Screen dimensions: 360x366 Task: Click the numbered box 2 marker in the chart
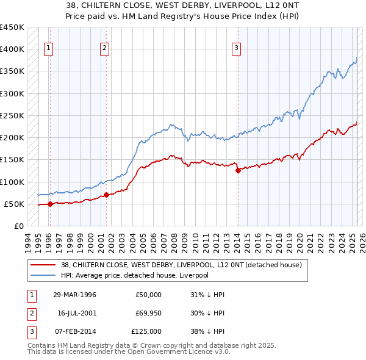tap(105, 49)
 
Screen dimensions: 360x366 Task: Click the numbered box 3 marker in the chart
tap(236, 49)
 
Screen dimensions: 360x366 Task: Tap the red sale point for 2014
tap(238, 171)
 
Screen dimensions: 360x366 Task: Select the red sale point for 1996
tap(50, 204)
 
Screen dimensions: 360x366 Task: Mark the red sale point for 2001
tap(106, 195)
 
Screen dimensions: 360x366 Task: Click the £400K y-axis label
tap(12, 49)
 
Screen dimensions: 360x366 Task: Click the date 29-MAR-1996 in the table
tap(74, 295)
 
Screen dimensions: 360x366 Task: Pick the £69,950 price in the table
tap(149, 313)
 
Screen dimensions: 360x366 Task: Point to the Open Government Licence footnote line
tap(129, 353)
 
